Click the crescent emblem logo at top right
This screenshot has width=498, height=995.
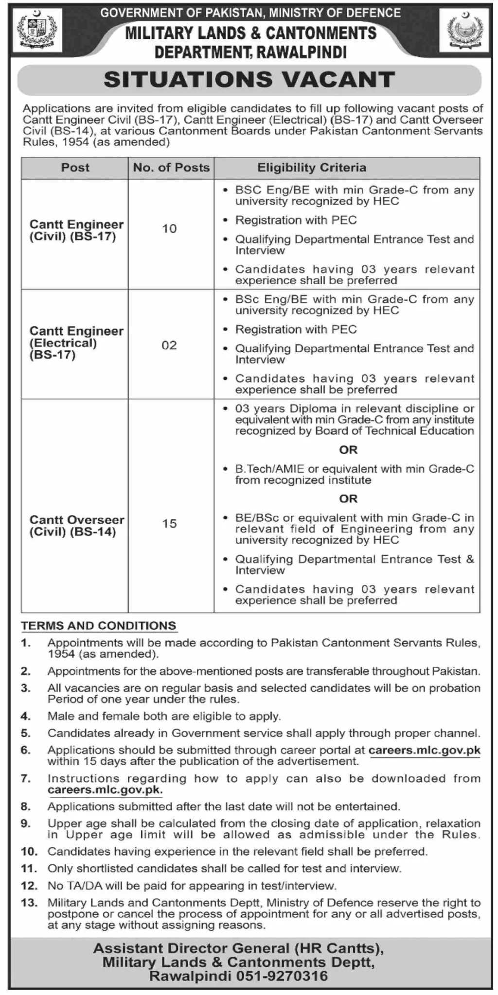click(463, 32)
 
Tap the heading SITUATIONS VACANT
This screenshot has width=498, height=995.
click(249, 80)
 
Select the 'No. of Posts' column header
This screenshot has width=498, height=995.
click(171, 168)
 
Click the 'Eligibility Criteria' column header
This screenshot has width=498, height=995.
click(312, 168)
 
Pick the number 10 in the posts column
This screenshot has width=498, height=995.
click(169, 228)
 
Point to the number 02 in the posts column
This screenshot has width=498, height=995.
click(169, 345)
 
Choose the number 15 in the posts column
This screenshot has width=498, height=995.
click(169, 524)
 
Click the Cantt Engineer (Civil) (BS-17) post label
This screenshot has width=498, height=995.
click(76, 231)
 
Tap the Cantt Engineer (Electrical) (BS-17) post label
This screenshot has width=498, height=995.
click(76, 343)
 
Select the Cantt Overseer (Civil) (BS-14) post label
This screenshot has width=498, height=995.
click(77, 526)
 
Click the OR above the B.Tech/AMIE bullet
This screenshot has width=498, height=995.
click(348, 450)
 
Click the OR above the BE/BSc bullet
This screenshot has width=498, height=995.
click(348, 499)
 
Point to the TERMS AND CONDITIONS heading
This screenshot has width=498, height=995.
click(98, 626)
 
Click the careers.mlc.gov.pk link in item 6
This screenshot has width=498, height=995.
click(425, 750)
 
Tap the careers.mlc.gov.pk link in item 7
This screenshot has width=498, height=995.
click(105, 790)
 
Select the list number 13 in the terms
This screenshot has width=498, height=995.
click(29, 903)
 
